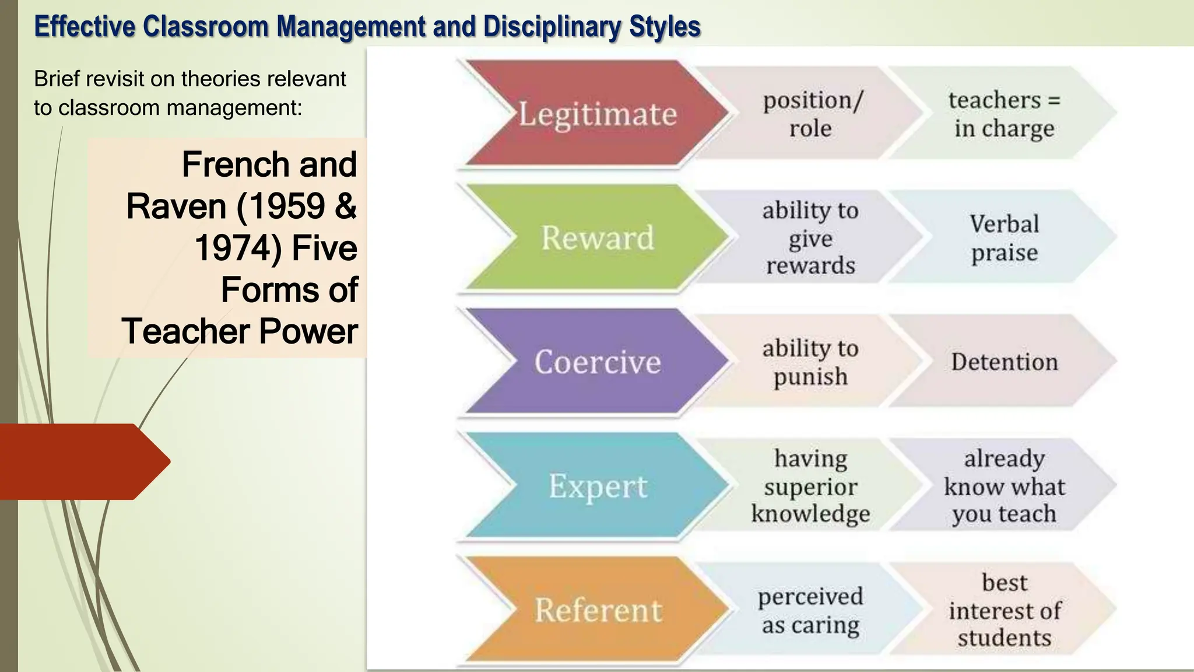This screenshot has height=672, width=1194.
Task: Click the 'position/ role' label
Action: [x=811, y=114]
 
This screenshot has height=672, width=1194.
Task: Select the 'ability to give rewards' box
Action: [x=810, y=238]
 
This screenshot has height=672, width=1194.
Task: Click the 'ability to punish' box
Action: [x=810, y=362]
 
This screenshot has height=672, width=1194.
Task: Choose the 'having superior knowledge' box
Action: [x=810, y=486]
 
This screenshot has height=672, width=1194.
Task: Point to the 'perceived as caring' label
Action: [x=810, y=610]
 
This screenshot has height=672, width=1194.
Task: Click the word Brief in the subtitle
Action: [x=57, y=79]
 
